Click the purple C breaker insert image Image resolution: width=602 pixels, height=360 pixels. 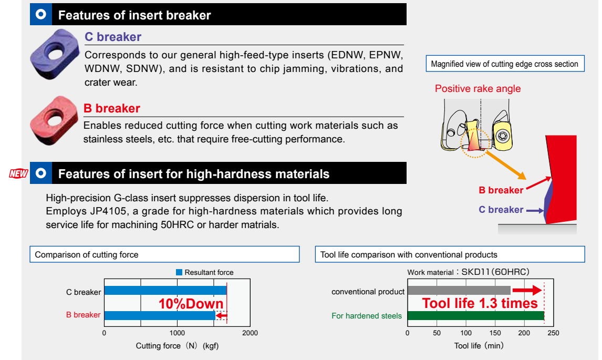[55, 54]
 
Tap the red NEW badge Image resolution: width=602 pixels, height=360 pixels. [18, 173]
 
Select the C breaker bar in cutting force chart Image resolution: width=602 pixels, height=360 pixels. [165, 291]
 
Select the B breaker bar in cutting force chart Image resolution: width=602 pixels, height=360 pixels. [160, 315]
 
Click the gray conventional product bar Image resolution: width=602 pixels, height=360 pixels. [459, 291]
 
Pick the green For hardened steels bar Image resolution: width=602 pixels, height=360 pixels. [476, 315]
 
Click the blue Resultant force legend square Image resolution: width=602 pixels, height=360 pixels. [179, 272]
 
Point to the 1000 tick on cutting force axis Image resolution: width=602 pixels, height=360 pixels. [177, 333]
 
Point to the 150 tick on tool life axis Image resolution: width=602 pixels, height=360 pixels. [495, 333]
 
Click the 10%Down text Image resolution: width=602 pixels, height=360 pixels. [191, 304]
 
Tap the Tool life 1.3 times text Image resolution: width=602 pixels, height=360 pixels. [480, 303]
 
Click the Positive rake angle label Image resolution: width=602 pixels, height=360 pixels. [478, 89]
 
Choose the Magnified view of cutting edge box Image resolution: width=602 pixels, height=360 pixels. [505, 64]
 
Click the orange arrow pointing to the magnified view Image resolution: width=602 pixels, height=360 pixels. [506, 165]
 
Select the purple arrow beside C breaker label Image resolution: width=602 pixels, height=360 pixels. [535, 211]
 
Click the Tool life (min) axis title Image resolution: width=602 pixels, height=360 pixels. [479, 346]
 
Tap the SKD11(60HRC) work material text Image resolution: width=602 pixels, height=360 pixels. [495, 272]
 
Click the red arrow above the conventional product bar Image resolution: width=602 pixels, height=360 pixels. [527, 291]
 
